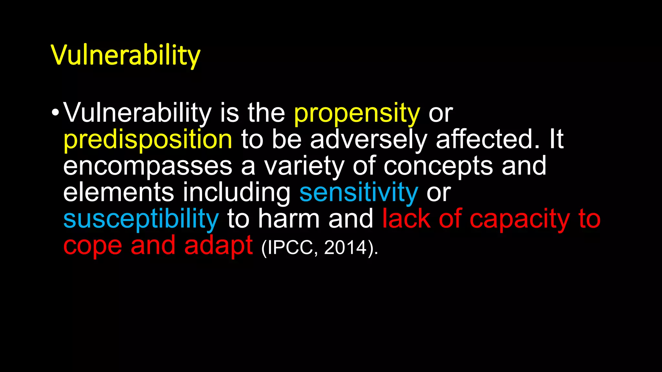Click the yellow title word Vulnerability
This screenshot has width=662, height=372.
click(x=125, y=55)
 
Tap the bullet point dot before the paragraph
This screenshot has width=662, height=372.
click(x=55, y=113)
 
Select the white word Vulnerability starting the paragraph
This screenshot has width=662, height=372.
click(x=137, y=113)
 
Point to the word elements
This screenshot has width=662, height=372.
click(x=119, y=192)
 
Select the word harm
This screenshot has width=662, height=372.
click(x=289, y=219)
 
